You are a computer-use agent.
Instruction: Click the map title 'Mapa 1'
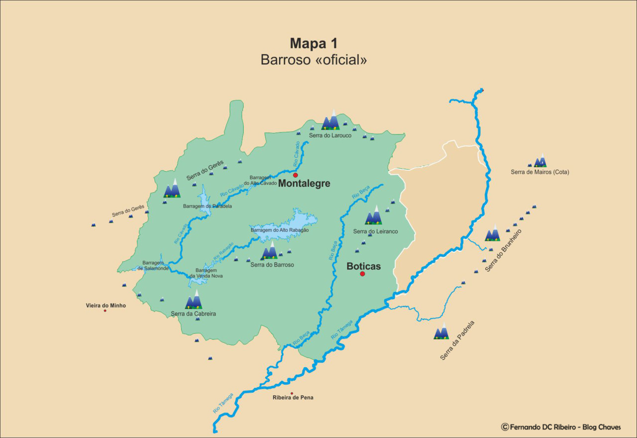[314, 43]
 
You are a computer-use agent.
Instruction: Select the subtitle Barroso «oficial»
[314, 60]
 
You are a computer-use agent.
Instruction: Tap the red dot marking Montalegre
[295, 175]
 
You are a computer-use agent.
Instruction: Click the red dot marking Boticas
[362, 274]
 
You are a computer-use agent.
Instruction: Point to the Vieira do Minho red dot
[105, 311]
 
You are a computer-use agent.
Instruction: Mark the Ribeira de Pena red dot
[292, 393]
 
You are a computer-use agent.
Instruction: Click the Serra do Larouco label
[330, 135]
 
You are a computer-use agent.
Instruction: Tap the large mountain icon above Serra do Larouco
[330, 120]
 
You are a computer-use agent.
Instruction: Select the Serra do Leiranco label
[375, 231]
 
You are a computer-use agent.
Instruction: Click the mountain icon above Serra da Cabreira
[194, 300]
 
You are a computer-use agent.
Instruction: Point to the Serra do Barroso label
[272, 265]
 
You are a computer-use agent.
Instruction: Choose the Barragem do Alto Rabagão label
[280, 230]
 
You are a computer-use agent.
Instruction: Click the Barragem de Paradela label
[207, 206]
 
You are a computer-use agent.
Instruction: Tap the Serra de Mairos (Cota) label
[539, 172]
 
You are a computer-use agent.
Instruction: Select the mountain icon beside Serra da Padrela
[441, 331]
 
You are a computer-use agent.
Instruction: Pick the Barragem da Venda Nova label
[206, 273]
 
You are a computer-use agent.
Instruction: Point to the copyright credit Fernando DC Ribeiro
[561, 427]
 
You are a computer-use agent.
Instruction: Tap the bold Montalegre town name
[304, 184]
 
